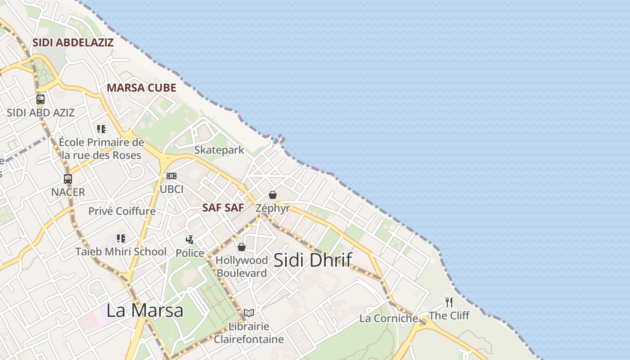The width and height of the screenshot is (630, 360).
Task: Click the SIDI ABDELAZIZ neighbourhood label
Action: pos(72,43)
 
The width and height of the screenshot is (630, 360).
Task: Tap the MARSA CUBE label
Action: pos(141,88)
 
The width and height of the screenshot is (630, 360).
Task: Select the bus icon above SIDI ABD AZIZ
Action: pos(40,99)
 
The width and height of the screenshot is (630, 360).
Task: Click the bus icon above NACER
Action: pos(68,179)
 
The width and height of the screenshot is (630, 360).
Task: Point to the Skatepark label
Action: pos(219,150)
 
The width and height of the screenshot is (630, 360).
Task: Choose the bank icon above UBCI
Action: pos(171,176)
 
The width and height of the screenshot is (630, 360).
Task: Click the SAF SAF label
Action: pos(223,208)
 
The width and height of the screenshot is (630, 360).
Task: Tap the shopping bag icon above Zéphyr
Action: pos(273,195)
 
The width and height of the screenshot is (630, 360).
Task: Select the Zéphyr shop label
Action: pos(273,208)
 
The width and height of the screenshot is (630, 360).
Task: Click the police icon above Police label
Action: pos(190,239)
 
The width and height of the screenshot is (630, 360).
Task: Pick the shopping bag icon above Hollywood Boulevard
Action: pos(242,247)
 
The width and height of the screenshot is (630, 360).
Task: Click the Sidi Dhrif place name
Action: pos(312,260)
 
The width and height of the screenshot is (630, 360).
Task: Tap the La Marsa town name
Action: pos(145,310)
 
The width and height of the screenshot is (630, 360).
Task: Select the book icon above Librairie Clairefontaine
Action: pos(249,313)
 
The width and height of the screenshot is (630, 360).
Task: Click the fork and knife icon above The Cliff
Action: pos(449,302)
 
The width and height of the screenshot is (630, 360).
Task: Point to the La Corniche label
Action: pos(388,319)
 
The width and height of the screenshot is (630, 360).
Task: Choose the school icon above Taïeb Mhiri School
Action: pos(121,238)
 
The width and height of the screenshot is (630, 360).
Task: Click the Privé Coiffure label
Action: pos(121,211)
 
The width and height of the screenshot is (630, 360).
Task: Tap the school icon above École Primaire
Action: pos(101,130)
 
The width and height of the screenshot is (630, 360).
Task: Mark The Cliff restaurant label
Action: pos(449,315)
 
